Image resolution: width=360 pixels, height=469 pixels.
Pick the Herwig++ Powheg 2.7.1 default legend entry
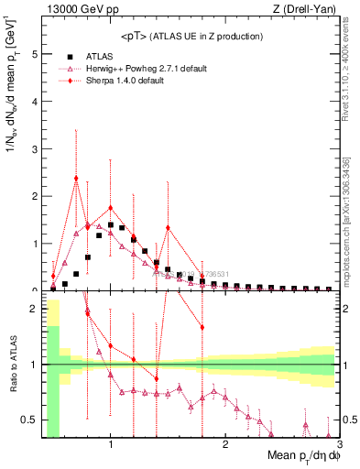pos(142,68)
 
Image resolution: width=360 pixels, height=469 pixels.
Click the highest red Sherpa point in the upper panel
pos(76,179)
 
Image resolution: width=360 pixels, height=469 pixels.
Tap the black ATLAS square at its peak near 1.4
pos(111,224)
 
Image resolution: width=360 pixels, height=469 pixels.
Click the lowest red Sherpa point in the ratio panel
pos(157,378)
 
